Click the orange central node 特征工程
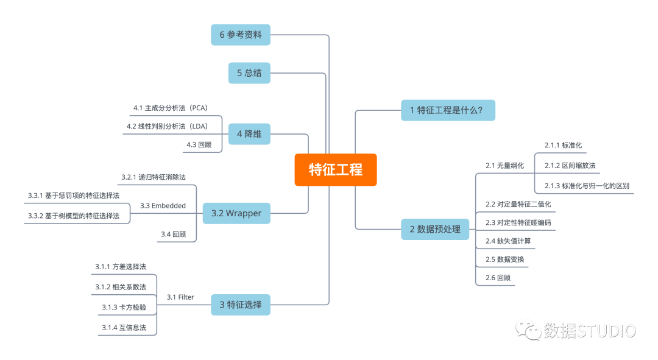point(336,169)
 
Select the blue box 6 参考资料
point(241,35)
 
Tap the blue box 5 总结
point(249,73)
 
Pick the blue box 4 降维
point(249,134)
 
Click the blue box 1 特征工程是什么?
point(448,110)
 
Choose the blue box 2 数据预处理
point(435,229)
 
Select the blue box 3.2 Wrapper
point(236,213)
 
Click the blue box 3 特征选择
point(241,305)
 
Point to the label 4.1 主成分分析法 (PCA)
point(171,108)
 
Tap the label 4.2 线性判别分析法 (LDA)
point(168,126)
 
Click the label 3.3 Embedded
point(163,206)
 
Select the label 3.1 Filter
point(180,297)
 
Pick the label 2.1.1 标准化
point(563,145)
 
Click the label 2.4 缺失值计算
point(508,241)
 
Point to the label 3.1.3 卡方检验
point(124,307)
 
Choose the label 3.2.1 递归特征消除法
point(154,177)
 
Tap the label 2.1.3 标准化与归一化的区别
point(587,186)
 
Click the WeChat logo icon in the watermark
point(528,330)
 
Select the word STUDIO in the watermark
point(606,331)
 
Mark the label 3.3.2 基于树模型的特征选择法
point(74,216)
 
